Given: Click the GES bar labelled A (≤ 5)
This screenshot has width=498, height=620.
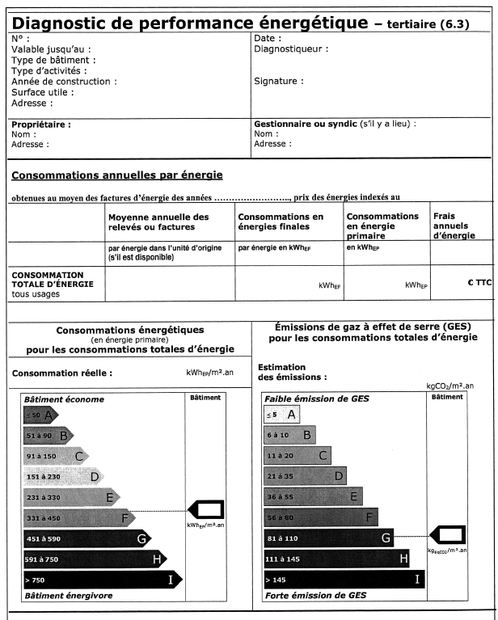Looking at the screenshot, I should (281, 415).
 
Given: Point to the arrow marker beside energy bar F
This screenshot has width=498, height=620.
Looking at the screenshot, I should (206, 509).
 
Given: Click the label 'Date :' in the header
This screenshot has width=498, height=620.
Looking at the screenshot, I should (268, 38).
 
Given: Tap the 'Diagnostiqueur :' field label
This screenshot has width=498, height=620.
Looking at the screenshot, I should (291, 49).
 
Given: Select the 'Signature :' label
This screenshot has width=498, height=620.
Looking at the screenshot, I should (279, 81).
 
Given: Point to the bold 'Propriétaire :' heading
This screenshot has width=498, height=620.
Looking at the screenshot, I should (41, 124).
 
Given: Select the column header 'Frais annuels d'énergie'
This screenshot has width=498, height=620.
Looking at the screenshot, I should (454, 226).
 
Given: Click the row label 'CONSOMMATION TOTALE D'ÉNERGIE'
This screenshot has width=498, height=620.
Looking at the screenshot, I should (53, 280).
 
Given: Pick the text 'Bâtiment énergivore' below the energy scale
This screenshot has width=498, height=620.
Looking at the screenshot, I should (68, 596).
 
